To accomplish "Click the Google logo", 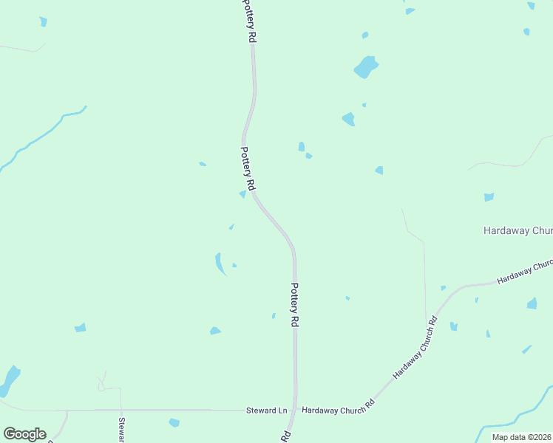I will click(24, 434).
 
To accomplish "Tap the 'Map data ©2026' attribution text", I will click(521, 437).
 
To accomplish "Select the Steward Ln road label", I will click(266, 410).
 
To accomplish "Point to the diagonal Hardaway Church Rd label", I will click(415, 348).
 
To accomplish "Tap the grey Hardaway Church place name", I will click(518, 230).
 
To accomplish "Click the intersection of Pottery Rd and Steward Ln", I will click(296, 409).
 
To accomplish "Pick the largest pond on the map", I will click(365, 66).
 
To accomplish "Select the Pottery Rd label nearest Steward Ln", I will click(294, 305).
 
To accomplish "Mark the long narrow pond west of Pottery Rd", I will click(220, 264).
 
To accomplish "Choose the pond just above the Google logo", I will click(10, 380).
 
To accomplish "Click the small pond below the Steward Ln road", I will click(174, 422).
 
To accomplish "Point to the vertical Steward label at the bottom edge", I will click(121, 430).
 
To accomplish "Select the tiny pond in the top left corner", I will click(43, 21).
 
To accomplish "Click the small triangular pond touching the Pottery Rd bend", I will click(242, 194).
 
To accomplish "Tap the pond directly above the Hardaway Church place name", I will click(488, 197).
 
